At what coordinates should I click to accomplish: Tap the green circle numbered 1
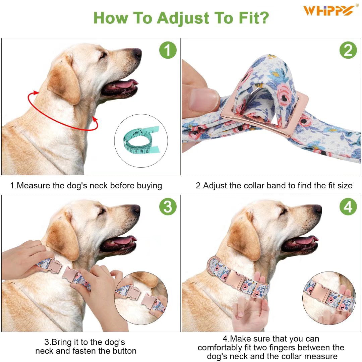[x=168, y=50]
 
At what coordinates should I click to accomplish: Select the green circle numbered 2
[x=348, y=50]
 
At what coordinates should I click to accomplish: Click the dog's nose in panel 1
[x=137, y=53]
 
